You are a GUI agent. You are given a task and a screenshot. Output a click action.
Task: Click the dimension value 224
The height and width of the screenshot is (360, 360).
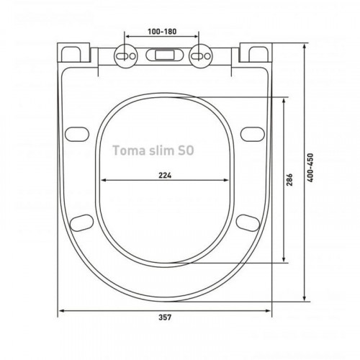165,176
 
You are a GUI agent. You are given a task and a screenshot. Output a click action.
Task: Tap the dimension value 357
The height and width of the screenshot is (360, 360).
165,318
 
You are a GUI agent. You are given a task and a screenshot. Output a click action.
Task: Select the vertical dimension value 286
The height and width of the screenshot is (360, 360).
289,179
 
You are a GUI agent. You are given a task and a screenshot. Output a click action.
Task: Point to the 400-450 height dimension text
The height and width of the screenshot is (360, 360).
310,168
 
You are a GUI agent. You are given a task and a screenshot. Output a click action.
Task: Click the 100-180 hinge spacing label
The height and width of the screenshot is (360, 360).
162,32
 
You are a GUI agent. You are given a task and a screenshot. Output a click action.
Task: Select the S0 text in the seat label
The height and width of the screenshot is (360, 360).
186,150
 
